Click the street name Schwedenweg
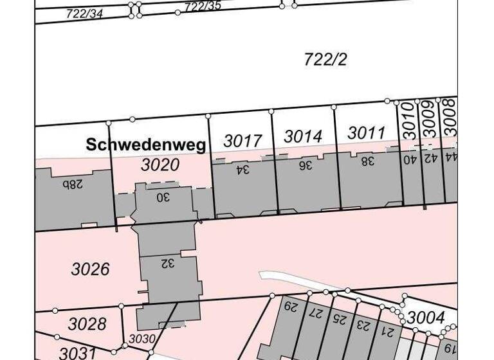click(146, 145)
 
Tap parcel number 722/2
click(325, 60)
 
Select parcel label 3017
click(242, 141)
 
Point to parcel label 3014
click(302, 137)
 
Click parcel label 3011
click(366, 133)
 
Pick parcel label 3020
click(160, 165)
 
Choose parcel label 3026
click(90, 269)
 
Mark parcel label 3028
click(87, 323)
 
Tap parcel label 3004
click(426, 317)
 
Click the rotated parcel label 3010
click(410, 120)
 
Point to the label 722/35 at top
click(203, 6)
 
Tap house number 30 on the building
click(163, 197)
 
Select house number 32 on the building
click(167, 264)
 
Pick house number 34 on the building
click(242, 170)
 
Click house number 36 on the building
click(305, 165)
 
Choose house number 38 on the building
click(367, 161)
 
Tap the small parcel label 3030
click(142, 338)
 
